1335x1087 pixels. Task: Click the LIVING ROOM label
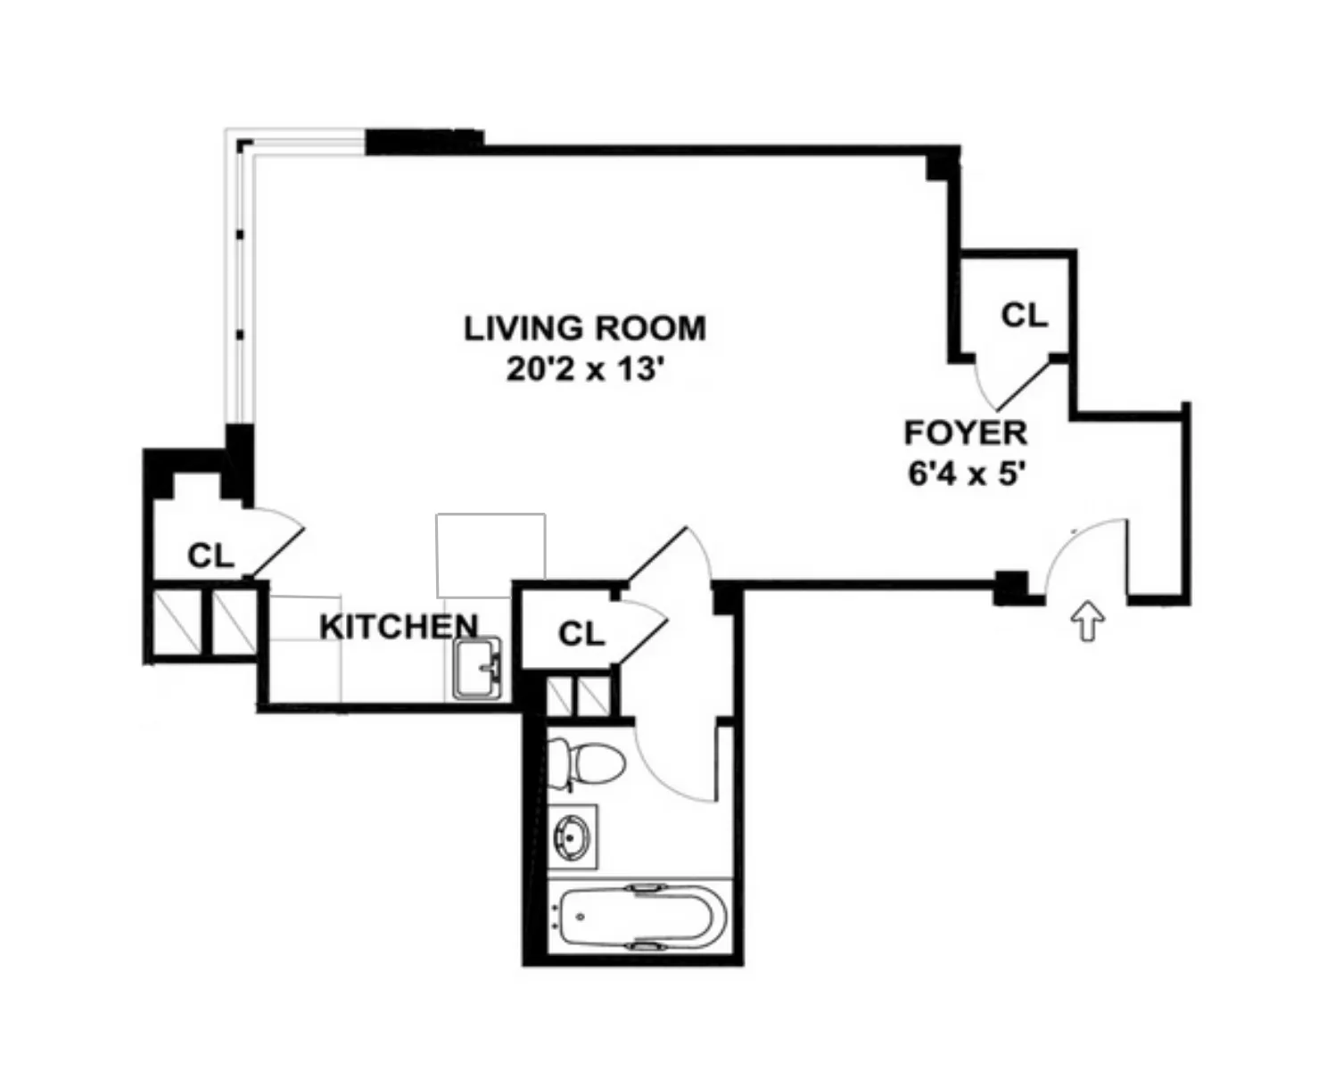click(x=584, y=328)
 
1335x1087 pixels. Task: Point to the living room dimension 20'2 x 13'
click(x=584, y=368)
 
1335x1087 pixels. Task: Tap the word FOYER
click(x=965, y=432)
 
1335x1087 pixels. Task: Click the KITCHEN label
click(x=399, y=626)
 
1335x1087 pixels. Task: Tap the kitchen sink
click(x=478, y=668)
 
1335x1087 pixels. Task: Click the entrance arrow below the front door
click(x=1088, y=620)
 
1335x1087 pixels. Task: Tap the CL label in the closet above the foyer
click(x=1024, y=316)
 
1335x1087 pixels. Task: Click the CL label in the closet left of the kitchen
click(x=210, y=556)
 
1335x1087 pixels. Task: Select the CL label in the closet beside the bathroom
click(x=581, y=634)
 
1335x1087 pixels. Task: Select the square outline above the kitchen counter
click(x=490, y=555)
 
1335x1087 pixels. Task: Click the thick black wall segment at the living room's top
click(x=424, y=142)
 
